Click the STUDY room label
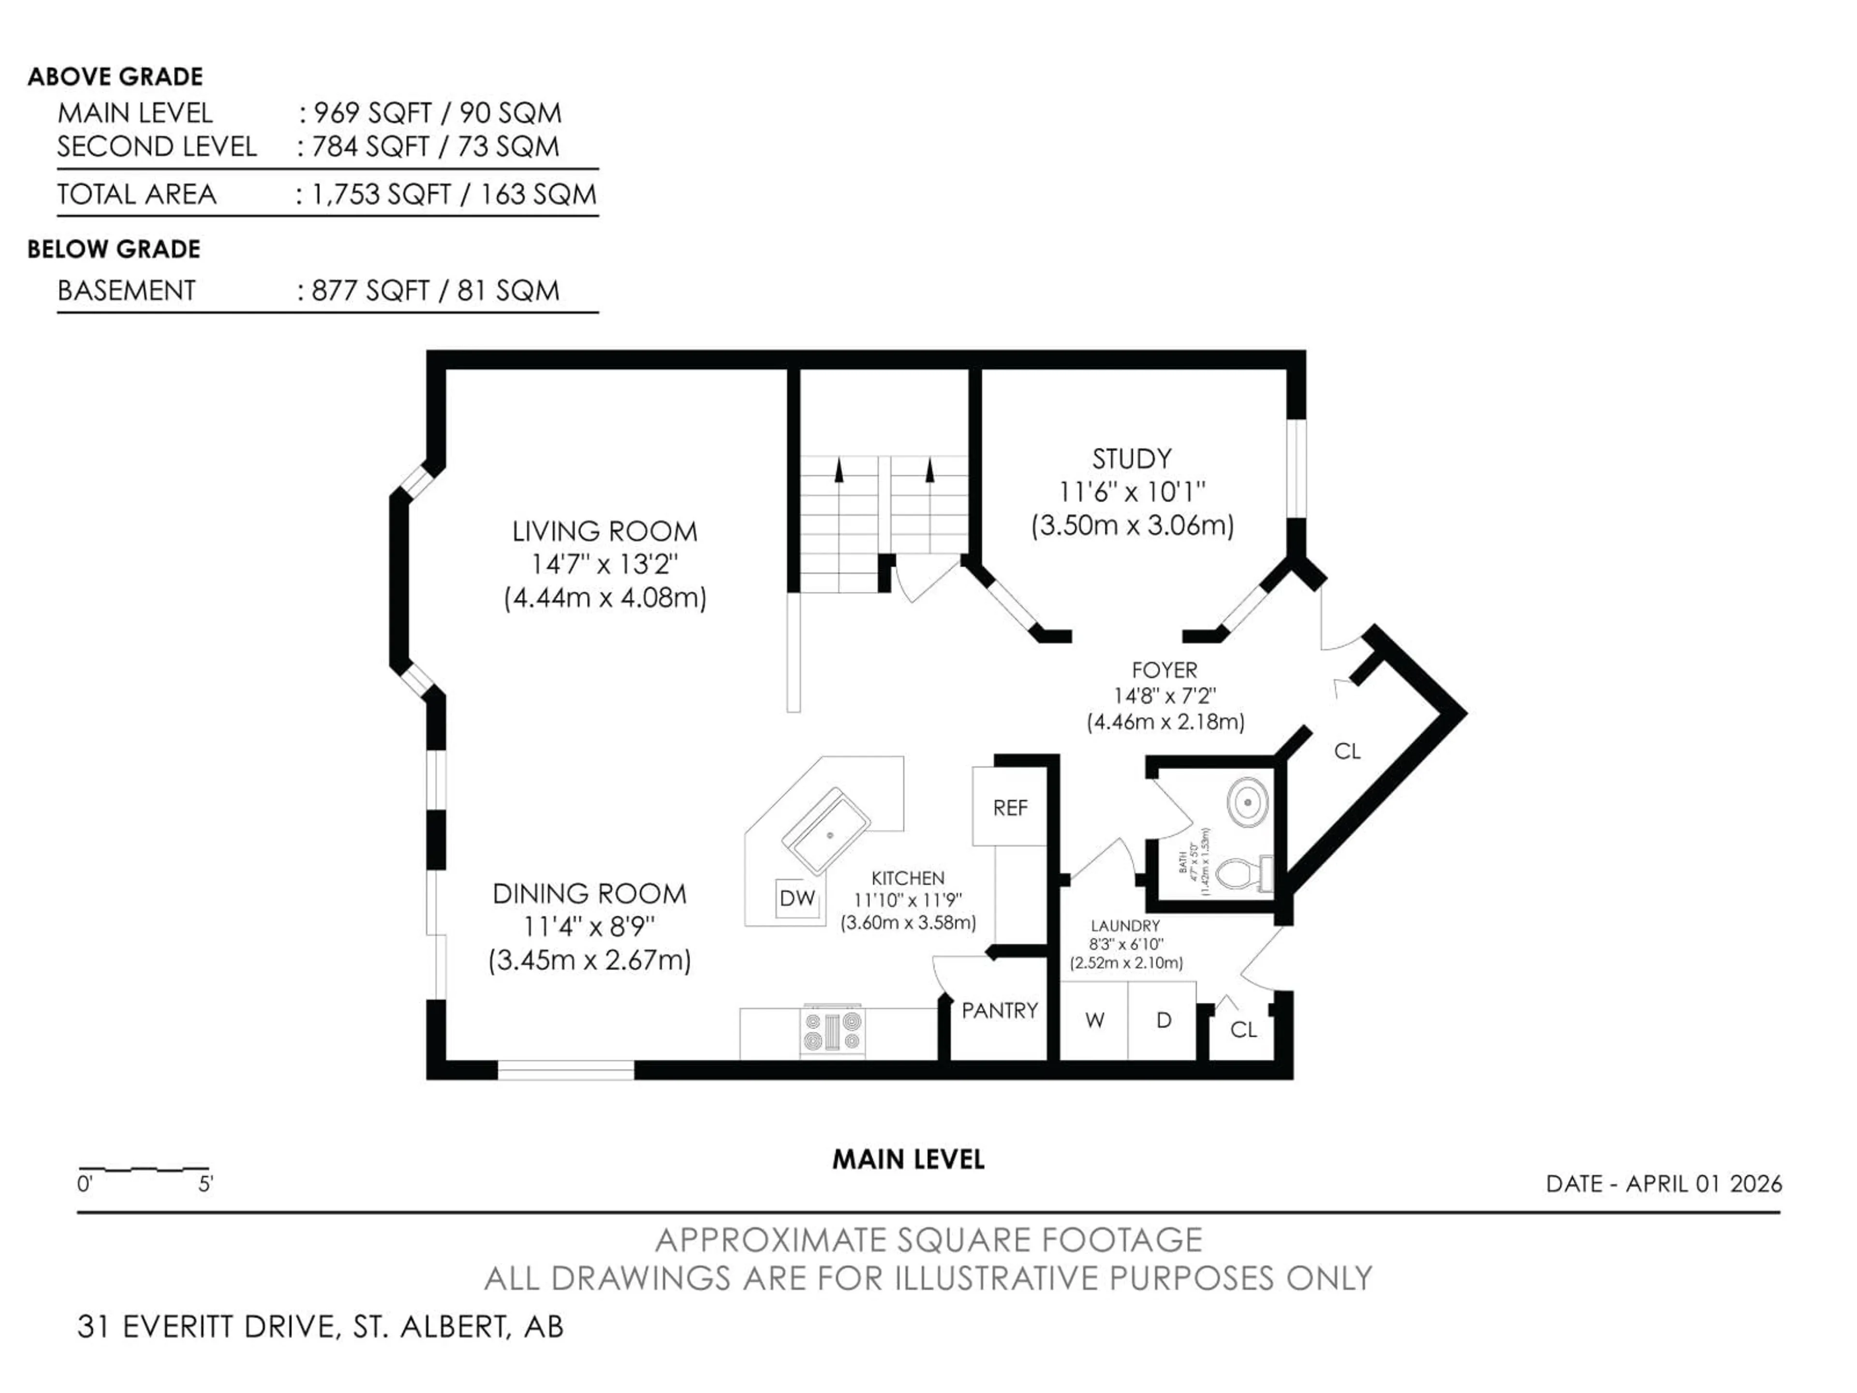tap(1131, 459)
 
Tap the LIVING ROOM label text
tap(604, 532)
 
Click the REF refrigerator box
tap(1009, 808)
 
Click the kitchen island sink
tap(825, 831)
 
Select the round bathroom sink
tap(1248, 802)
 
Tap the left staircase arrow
tap(838, 470)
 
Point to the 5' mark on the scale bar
tap(206, 1185)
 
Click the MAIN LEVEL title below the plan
tap(908, 1159)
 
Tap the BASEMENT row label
tap(126, 291)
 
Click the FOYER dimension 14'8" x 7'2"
tap(1164, 696)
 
